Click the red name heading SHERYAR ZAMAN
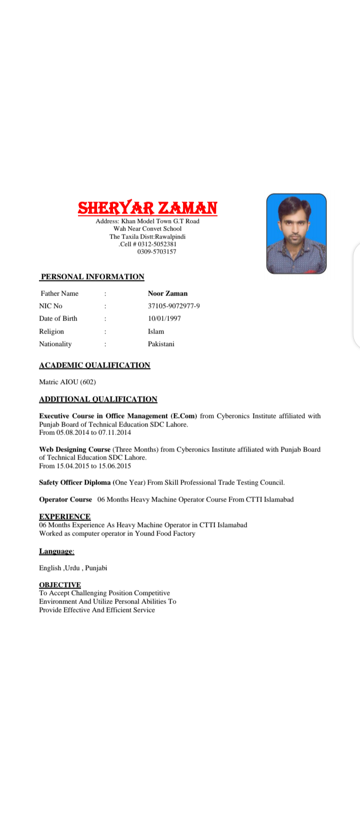coord(147,207)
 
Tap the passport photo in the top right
coord(296,233)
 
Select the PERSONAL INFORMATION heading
coord(92,276)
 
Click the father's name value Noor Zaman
coord(167,293)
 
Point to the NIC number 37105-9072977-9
coord(173,306)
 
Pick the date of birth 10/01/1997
coord(164,318)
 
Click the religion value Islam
coord(156,331)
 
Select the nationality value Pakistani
coord(161,344)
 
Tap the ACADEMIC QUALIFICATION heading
coord(94,365)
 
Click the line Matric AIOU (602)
coord(67,382)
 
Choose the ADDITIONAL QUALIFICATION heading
coord(98,399)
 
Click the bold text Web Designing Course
coord(74,449)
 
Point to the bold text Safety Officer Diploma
coord(74,482)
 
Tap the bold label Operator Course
coord(65,499)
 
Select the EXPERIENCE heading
coord(64,516)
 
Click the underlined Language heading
coord(56,551)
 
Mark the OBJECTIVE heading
coord(60,584)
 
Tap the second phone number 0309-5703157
coord(156,251)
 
